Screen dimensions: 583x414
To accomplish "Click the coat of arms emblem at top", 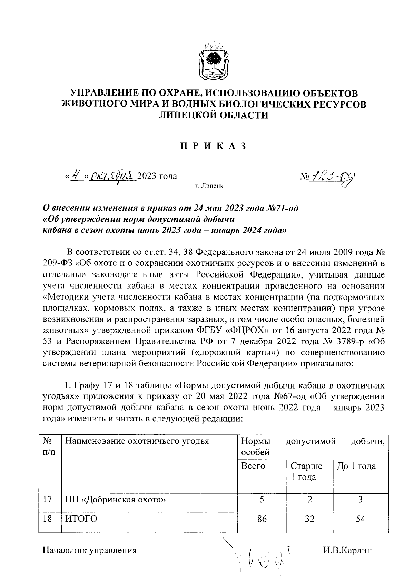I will coord(213,62).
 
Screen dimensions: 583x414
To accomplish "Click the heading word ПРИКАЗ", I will coord(213,146).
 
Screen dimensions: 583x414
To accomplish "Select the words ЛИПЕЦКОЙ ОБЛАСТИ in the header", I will coord(213,115).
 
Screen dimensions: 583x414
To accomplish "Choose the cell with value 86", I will coord(262,519).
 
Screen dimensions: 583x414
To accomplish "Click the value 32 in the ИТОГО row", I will coord(309,519).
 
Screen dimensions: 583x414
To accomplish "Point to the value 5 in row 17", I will coord(262,499).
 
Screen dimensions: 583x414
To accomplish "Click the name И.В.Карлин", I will coord(348,551).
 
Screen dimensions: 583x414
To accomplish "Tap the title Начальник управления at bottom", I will coord(90,551).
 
